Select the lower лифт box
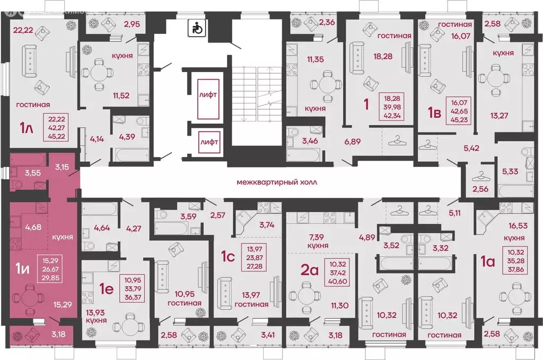[207, 142]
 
